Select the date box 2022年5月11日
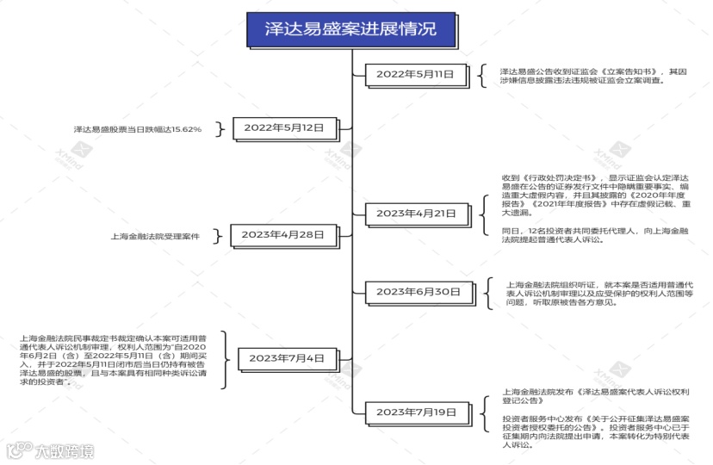click(414, 74)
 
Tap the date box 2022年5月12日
click(283, 127)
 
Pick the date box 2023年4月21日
click(414, 213)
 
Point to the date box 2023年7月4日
click(285, 357)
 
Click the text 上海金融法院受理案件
click(155, 235)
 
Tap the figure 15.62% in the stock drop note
click(186, 128)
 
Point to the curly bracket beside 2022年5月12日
click(220, 128)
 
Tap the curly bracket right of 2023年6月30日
click(488, 293)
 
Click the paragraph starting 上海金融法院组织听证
click(598, 293)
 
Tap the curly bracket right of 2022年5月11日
click(481, 75)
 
